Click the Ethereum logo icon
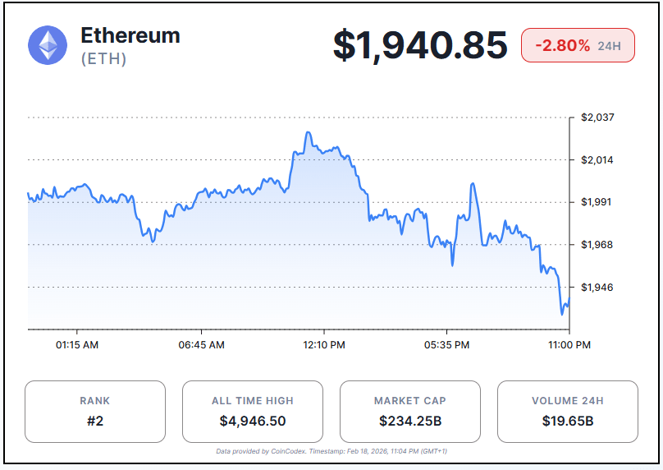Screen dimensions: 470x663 [48, 45]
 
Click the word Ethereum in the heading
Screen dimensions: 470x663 [130, 35]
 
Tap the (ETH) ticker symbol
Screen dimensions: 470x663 [103, 59]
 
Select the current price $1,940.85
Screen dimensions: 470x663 [419, 45]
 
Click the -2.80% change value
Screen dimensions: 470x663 [562, 45]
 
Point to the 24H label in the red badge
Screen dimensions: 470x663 [609, 45]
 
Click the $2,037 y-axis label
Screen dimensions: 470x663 [597, 117]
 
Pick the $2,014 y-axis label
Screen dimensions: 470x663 [597, 159]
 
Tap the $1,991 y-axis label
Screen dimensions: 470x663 [597, 202]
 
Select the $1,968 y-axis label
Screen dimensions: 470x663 [597, 245]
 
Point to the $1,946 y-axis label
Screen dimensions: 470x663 [597, 288]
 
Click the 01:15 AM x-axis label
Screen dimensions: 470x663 [77, 345]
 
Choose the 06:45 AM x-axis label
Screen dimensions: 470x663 [201, 345]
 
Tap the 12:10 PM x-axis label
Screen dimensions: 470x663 [324, 345]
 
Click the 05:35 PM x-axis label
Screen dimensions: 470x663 [448, 345]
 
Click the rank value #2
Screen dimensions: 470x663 [94, 422]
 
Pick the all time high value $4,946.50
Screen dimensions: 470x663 [252, 422]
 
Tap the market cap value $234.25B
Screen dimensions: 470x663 [409, 422]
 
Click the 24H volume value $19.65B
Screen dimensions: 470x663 [567, 422]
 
